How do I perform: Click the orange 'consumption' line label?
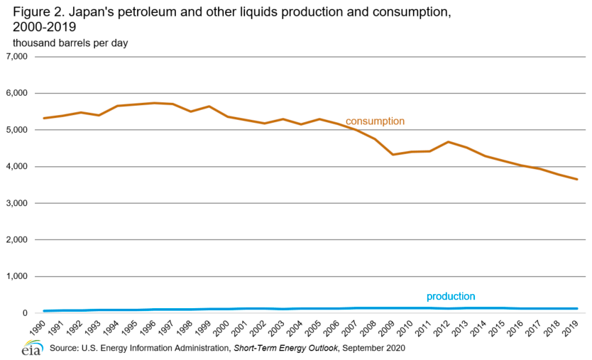click(x=375, y=121)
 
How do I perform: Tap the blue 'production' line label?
click(x=451, y=296)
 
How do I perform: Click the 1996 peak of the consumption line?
click(x=154, y=103)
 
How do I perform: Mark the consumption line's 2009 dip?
click(x=394, y=154)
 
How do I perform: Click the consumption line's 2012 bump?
click(x=449, y=142)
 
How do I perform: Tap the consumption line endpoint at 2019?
click(x=577, y=180)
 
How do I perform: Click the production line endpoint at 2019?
click(x=577, y=309)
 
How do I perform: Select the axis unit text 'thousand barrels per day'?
click(x=70, y=43)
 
